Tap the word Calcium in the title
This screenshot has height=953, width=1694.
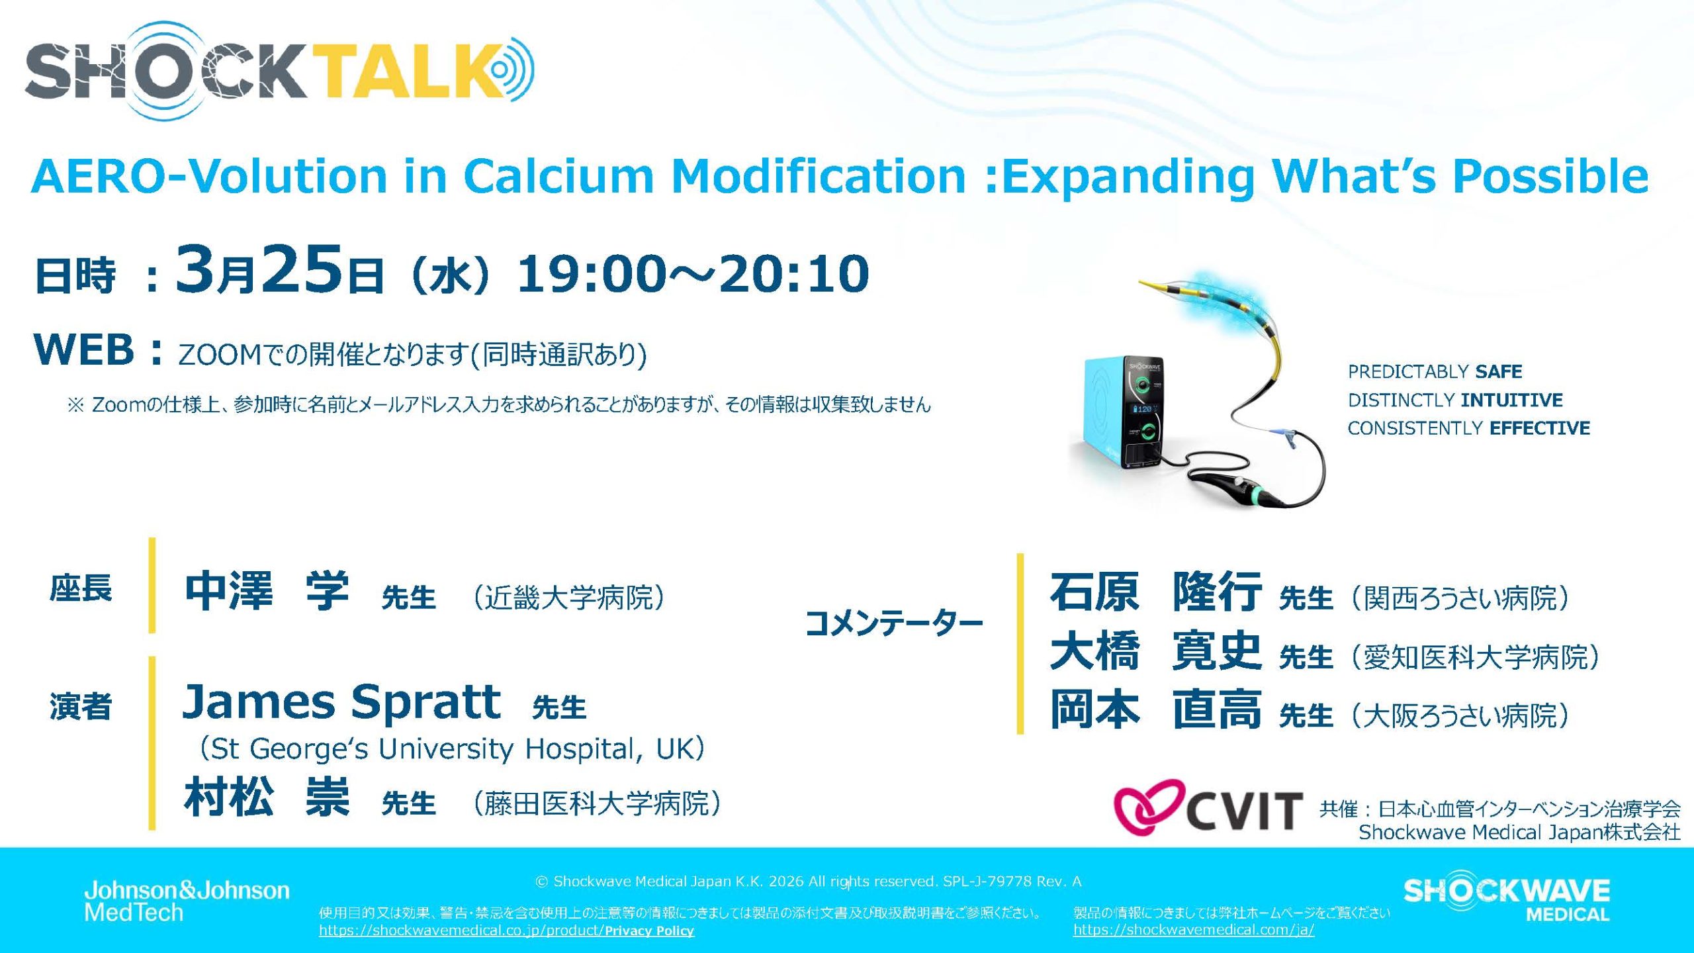(558, 176)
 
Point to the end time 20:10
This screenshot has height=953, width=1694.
(794, 273)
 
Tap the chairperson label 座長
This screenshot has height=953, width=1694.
(81, 588)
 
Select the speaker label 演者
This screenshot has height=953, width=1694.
(81, 706)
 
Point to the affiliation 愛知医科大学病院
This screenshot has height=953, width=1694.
(1475, 657)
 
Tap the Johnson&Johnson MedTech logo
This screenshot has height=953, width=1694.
(187, 901)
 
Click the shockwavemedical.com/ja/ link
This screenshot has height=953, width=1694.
(1194, 930)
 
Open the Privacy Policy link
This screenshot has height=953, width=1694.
(649, 930)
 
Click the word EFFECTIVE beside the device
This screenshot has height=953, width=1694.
(1540, 428)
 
